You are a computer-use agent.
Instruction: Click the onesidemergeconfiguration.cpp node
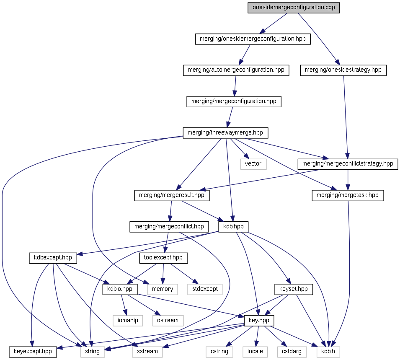pyautogui.click(x=293, y=8)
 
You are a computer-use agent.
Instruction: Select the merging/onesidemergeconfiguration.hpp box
pyautogui.click(x=253, y=39)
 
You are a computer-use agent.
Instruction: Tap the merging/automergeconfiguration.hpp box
pyautogui.click(x=236, y=70)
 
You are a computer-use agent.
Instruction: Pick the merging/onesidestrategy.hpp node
pyautogui.click(x=343, y=70)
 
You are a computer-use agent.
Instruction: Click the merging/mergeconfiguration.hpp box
pyautogui.click(x=234, y=101)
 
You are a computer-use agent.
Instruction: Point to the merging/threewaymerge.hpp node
pyautogui.click(x=225, y=133)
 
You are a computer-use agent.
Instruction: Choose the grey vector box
pyautogui.click(x=253, y=164)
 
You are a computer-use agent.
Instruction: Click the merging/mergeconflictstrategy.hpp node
pyautogui.click(x=347, y=164)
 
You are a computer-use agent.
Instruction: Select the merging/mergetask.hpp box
pyautogui.click(x=348, y=195)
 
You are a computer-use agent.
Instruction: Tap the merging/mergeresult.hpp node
pyautogui.click(x=171, y=195)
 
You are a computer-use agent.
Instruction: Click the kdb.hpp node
pyautogui.click(x=234, y=227)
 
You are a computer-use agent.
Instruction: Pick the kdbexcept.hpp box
pyautogui.click(x=53, y=258)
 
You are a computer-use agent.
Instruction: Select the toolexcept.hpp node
pyautogui.click(x=163, y=258)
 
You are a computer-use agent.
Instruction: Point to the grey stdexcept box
pyautogui.click(x=205, y=289)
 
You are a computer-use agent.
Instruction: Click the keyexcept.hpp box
pyautogui.click(x=33, y=351)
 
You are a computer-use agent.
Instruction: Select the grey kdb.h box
pyautogui.click(x=328, y=351)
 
